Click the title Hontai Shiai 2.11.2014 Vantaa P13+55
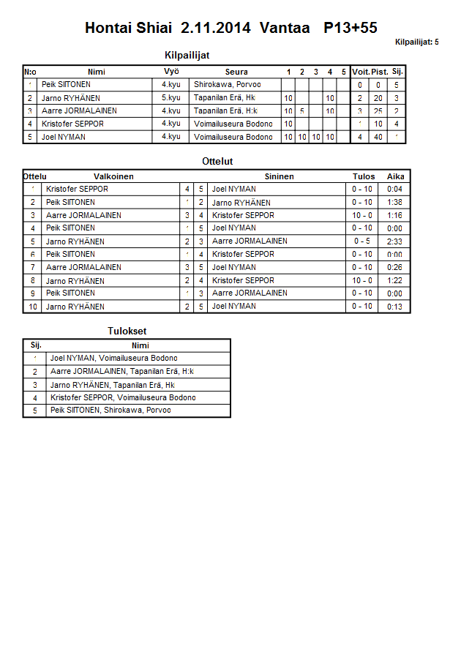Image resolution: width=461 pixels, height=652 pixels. [230, 29]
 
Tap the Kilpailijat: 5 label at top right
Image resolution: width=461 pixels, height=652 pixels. [416, 42]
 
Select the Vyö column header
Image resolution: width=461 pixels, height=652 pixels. [171, 72]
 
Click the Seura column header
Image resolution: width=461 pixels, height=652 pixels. [236, 72]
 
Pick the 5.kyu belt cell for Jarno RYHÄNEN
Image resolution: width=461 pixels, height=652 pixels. [171, 97]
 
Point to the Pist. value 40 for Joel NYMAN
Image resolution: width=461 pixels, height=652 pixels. [378, 137]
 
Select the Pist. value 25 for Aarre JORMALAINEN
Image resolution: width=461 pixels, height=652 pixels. [378, 110]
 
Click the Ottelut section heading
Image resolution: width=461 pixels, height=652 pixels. [217, 161]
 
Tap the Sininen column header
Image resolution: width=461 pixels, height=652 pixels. [279, 176]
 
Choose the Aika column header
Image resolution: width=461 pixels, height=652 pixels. [395, 176]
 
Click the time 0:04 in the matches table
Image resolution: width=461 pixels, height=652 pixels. [395, 190]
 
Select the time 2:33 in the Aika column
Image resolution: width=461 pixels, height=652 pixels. [395, 241]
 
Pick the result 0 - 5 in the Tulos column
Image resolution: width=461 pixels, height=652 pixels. [362, 241]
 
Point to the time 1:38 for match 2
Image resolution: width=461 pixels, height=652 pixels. [395, 203]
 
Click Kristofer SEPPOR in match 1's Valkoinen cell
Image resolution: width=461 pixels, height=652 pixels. [77, 190]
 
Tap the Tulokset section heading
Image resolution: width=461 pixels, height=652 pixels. [127, 331]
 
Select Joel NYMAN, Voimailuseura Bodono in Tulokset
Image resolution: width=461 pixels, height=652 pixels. [113, 359]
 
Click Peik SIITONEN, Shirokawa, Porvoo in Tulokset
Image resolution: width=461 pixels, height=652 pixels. [110, 411]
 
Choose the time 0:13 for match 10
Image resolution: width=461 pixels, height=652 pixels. [395, 307]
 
